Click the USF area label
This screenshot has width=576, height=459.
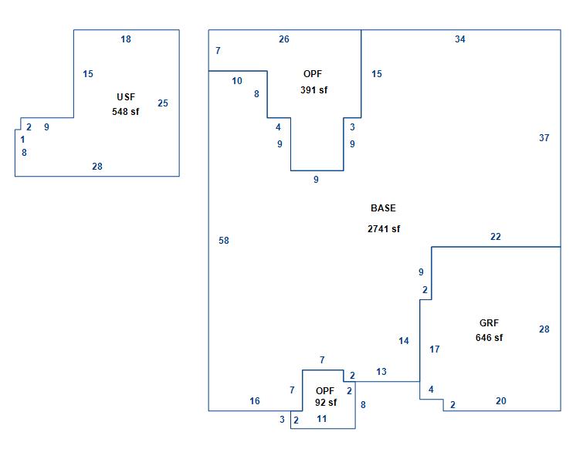click(126, 97)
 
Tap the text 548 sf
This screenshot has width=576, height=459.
click(126, 112)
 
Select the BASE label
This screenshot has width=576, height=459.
click(383, 208)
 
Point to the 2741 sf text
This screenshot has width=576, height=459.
click(384, 229)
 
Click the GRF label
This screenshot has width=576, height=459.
click(489, 323)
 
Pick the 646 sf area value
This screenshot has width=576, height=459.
click(489, 338)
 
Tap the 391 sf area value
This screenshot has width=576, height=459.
click(313, 90)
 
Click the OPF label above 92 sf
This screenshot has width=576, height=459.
click(325, 391)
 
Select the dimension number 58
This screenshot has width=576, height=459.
click(224, 241)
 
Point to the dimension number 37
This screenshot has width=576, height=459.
click(544, 137)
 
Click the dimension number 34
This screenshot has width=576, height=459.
click(460, 39)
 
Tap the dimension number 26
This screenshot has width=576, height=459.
click(284, 39)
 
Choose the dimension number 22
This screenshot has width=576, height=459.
click(496, 237)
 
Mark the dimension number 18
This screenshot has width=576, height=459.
click(126, 39)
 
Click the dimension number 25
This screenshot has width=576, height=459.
click(163, 103)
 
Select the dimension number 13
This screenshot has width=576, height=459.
click(381, 372)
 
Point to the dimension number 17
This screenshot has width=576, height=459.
click(435, 349)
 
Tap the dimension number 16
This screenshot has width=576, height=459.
click(255, 401)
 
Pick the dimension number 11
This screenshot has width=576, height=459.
click(322, 419)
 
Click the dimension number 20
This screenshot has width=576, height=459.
click(500, 401)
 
